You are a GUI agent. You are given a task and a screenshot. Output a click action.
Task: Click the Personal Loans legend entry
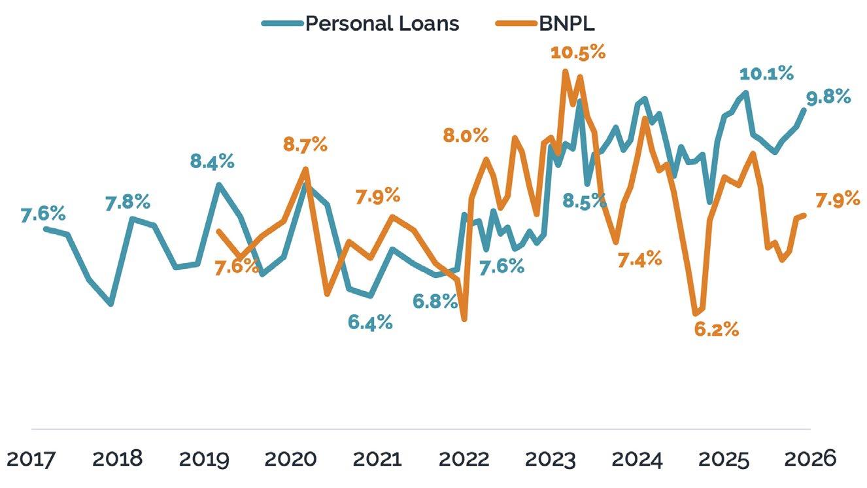tap(360, 24)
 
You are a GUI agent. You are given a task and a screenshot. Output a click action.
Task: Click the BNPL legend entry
tap(545, 24)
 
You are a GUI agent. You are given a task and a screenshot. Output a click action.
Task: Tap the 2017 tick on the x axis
tap(31, 459)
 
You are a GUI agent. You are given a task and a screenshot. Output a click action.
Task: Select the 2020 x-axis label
tap(290, 459)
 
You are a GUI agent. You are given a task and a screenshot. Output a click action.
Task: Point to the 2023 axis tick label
tap(551, 459)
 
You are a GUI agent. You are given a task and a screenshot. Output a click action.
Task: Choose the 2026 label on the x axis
tap(810, 459)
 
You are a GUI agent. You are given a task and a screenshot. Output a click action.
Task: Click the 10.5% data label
tap(578, 52)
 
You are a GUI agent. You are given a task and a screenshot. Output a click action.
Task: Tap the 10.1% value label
tap(766, 73)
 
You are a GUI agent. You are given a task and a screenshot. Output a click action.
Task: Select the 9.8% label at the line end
tap(828, 97)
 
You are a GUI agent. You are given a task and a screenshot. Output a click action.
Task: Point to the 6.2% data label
tap(717, 330)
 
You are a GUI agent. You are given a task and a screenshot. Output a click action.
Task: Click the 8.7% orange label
tap(305, 145)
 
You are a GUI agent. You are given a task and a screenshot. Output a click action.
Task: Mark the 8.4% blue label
tap(212, 161)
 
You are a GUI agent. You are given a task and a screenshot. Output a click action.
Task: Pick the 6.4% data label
tap(370, 322)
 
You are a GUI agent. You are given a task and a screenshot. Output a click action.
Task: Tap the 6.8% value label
tap(435, 302)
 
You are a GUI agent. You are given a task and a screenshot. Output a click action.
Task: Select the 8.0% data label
tap(466, 136)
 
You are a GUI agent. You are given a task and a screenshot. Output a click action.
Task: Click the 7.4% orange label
tap(640, 259)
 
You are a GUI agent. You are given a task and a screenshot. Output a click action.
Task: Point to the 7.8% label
tap(127, 203)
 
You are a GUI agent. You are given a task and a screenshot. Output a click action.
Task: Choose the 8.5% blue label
tap(584, 201)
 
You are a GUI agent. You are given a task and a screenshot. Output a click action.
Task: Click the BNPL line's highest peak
tap(565, 71)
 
